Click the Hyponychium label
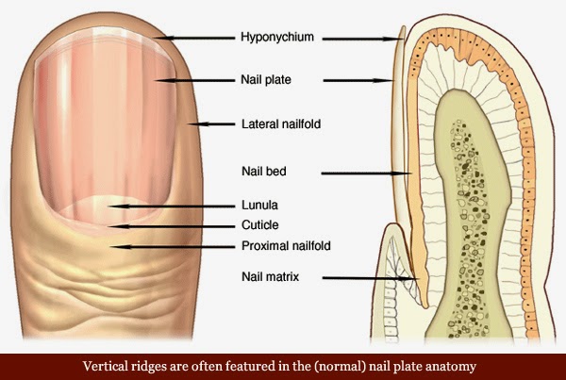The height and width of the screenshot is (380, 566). [x=277, y=38]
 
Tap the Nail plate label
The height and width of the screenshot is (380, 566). [x=266, y=80]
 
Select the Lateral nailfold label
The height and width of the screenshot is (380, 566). [x=281, y=124]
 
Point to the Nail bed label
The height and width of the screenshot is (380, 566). [x=264, y=171]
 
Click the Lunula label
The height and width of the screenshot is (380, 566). [x=260, y=206]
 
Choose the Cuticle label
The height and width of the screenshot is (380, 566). [x=260, y=225]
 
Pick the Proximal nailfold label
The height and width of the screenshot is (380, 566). [x=286, y=246]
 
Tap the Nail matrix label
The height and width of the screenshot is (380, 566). [x=271, y=277]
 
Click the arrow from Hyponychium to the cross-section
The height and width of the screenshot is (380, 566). [x=362, y=39]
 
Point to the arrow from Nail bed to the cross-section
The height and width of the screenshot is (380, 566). [x=366, y=173]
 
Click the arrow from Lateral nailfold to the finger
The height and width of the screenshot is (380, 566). [x=211, y=124]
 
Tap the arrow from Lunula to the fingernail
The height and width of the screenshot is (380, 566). [x=172, y=207]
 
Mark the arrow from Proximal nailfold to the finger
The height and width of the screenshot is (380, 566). [x=173, y=247]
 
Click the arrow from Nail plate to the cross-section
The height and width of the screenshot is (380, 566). [x=358, y=80]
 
